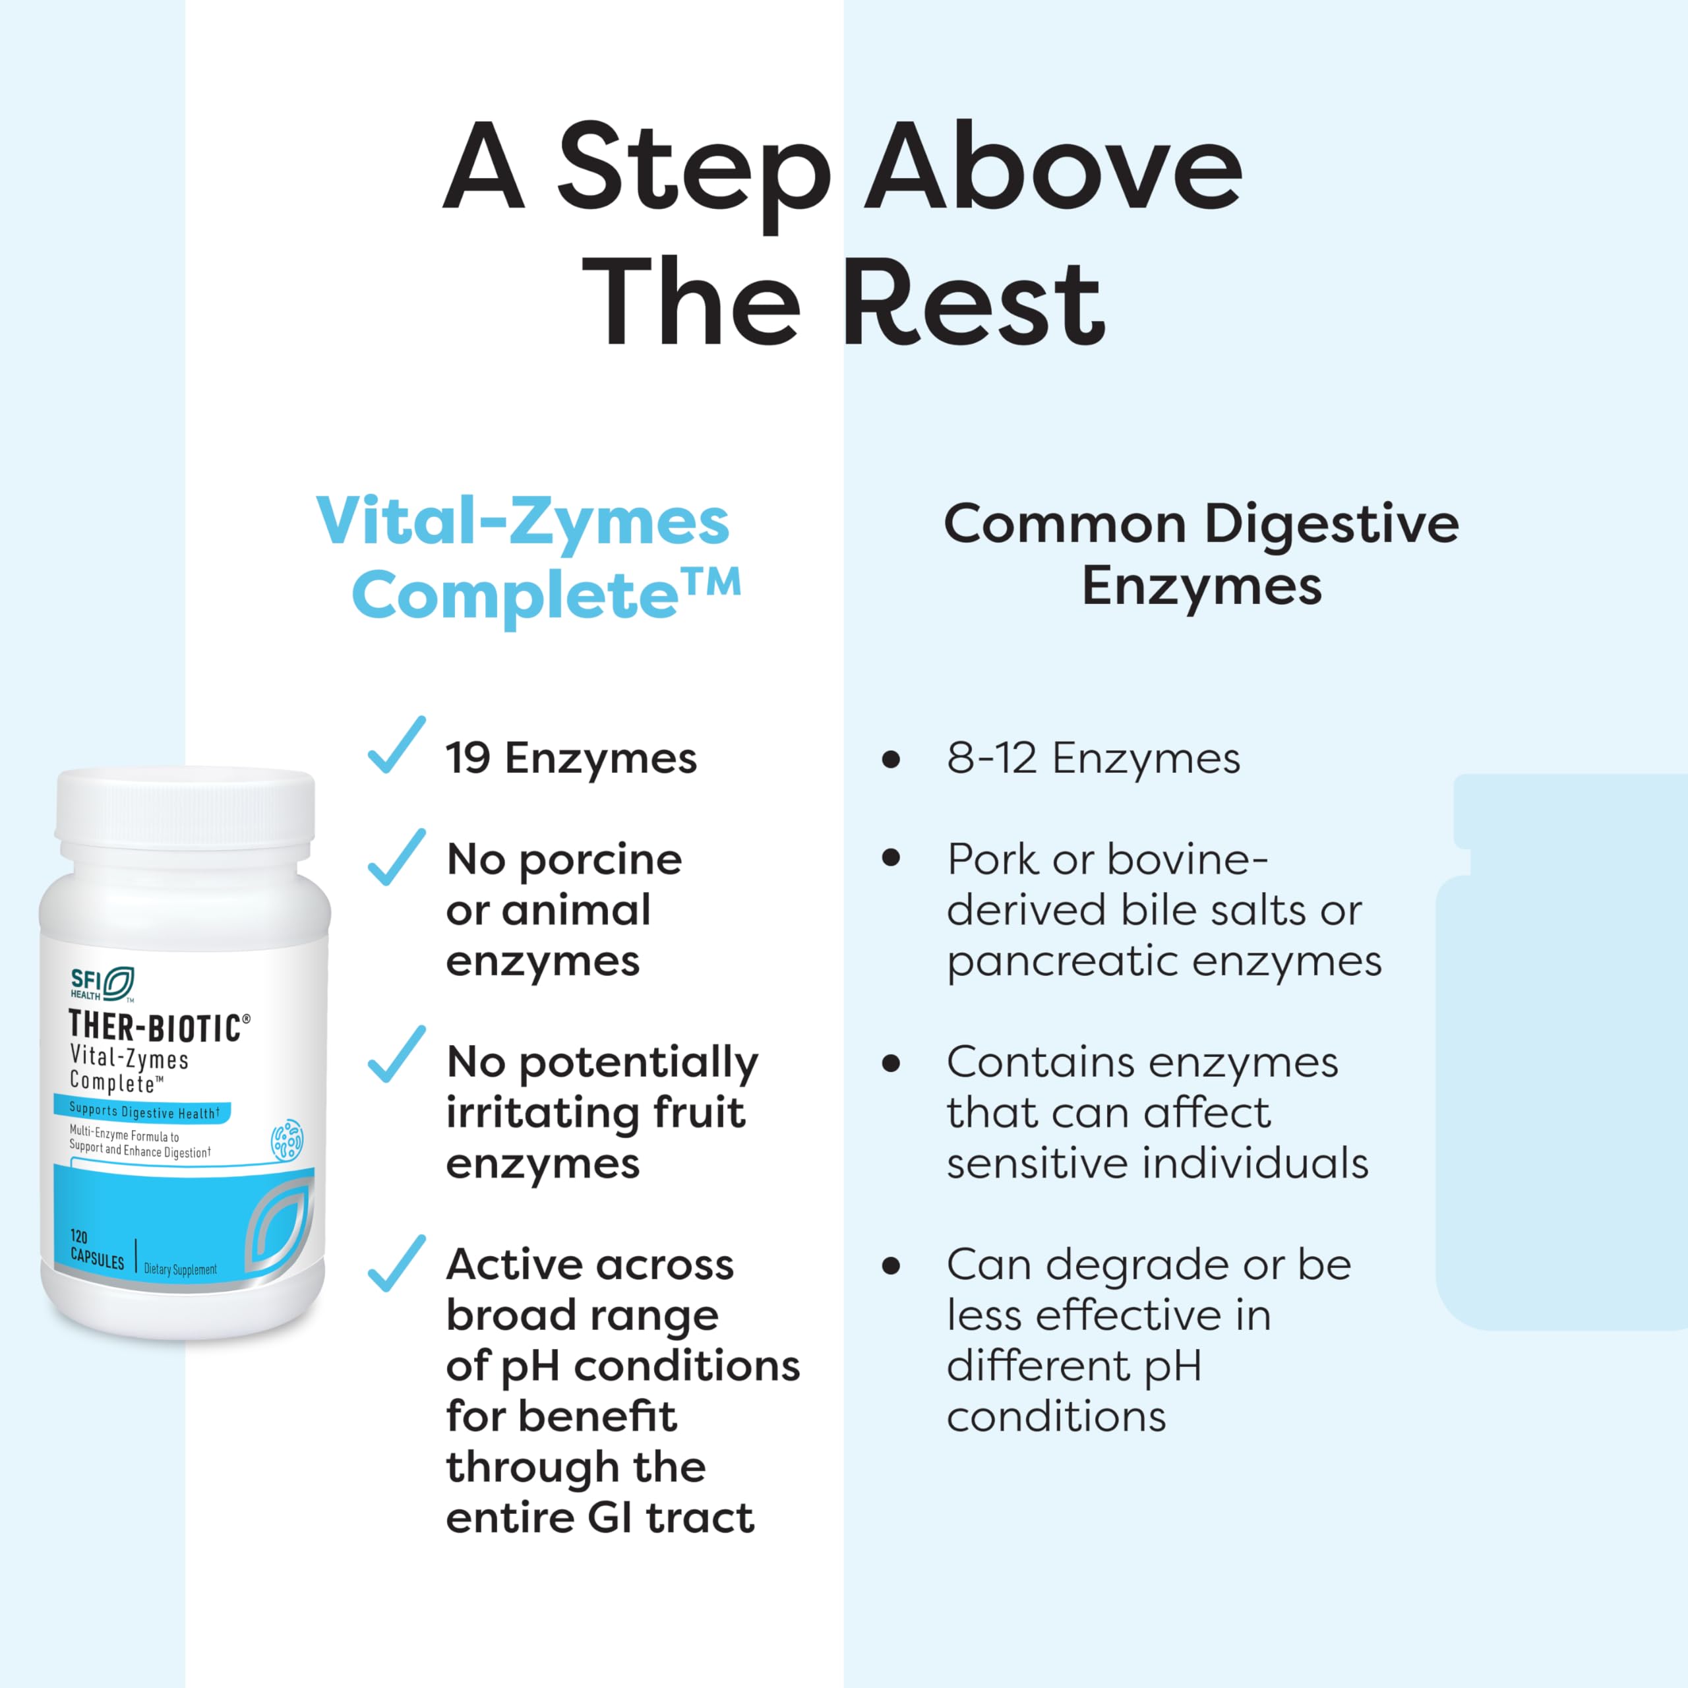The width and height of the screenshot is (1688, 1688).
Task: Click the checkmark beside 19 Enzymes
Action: point(398,745)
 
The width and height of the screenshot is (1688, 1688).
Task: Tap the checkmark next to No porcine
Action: point(398,857)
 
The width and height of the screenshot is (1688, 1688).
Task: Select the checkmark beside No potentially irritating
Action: point(398,1054)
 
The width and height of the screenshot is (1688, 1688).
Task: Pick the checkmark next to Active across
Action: point(398,1263)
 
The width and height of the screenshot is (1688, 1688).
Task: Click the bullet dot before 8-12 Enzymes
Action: point(891,759)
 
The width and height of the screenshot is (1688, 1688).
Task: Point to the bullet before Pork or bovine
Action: point(891,858)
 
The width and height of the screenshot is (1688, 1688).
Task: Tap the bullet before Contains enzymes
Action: point(891,1064)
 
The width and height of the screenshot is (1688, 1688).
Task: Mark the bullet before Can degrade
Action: point(891,1265)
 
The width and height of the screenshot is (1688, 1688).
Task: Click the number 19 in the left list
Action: point(468,758)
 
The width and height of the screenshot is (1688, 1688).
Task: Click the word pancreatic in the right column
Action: point(1064,963)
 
